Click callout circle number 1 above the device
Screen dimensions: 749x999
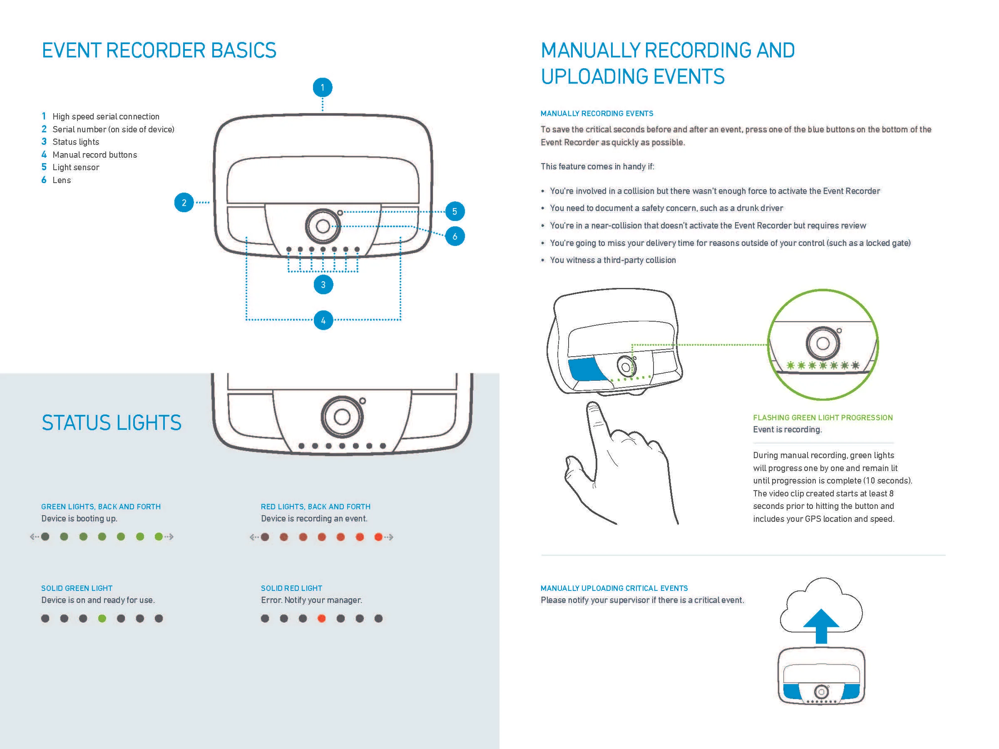point(323,87)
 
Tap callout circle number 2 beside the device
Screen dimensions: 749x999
point(184,203)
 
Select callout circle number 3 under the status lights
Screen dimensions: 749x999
point(323,285)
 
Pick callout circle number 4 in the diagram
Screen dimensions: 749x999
point(323,320)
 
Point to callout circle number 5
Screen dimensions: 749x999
point(455,211)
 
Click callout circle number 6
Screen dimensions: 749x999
point(455,236)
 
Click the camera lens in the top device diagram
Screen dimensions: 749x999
point(323,226)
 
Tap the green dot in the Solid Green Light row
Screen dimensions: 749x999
point(102,618)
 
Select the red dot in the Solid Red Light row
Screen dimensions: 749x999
point(322,618)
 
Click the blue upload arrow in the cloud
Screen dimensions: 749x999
point(821,625)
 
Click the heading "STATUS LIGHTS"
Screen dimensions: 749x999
point(112,423)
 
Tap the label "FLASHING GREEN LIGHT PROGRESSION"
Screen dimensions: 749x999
point(823,418)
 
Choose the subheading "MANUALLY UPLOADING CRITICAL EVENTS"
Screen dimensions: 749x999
point(614,588)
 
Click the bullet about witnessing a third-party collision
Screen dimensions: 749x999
point(612,260)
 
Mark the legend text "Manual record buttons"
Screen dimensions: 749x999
point(94,155)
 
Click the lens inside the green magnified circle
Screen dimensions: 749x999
point(823,343)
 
